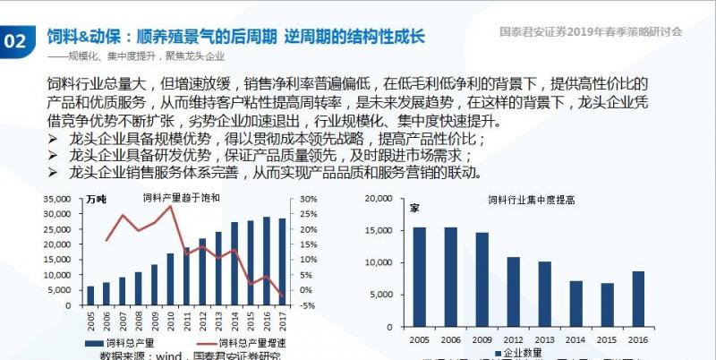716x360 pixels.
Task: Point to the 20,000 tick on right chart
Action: (379, 199)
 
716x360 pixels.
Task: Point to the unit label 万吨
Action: (96, 200)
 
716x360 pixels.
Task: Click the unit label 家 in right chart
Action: (414, 209)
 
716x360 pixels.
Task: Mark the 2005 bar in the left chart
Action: (90, 296)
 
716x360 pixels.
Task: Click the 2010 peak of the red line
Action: (170, 206)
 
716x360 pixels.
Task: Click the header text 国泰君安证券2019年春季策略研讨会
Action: (591, 30)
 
